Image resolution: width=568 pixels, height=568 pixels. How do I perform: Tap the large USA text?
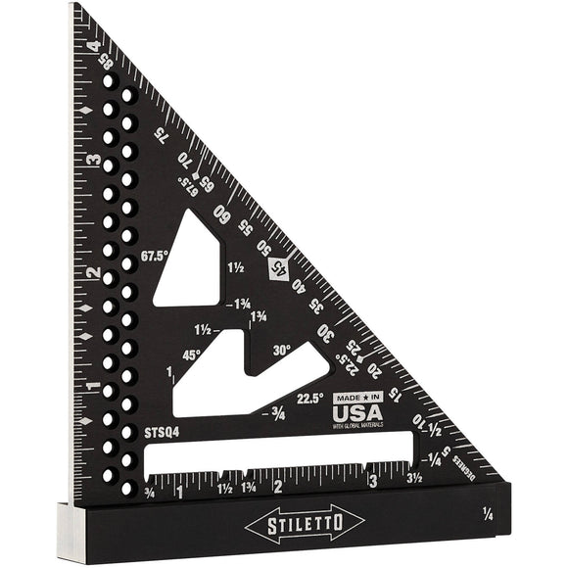coord(357,411)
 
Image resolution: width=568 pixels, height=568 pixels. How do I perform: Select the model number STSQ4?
coord(161,429)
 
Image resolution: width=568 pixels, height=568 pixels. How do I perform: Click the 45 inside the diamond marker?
coord(280,265)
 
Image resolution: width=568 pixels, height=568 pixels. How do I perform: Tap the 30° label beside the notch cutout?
coord(282,350)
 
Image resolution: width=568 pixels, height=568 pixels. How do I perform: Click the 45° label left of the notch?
coord(191,355)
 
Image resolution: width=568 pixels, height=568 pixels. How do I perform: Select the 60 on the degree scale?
coord(224,215)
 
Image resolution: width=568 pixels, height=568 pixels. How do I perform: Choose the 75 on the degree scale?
coord(159,136)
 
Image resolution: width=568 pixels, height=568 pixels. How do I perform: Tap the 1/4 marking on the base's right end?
coord(488,512)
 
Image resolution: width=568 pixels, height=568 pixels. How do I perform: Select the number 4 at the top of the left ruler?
coord(93,45)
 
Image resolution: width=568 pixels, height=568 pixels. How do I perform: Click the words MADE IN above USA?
coord(356,397)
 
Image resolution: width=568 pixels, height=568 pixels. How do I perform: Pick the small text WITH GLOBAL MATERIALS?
coord(358,425)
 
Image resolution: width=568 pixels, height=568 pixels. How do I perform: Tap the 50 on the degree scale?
coord(263,245)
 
